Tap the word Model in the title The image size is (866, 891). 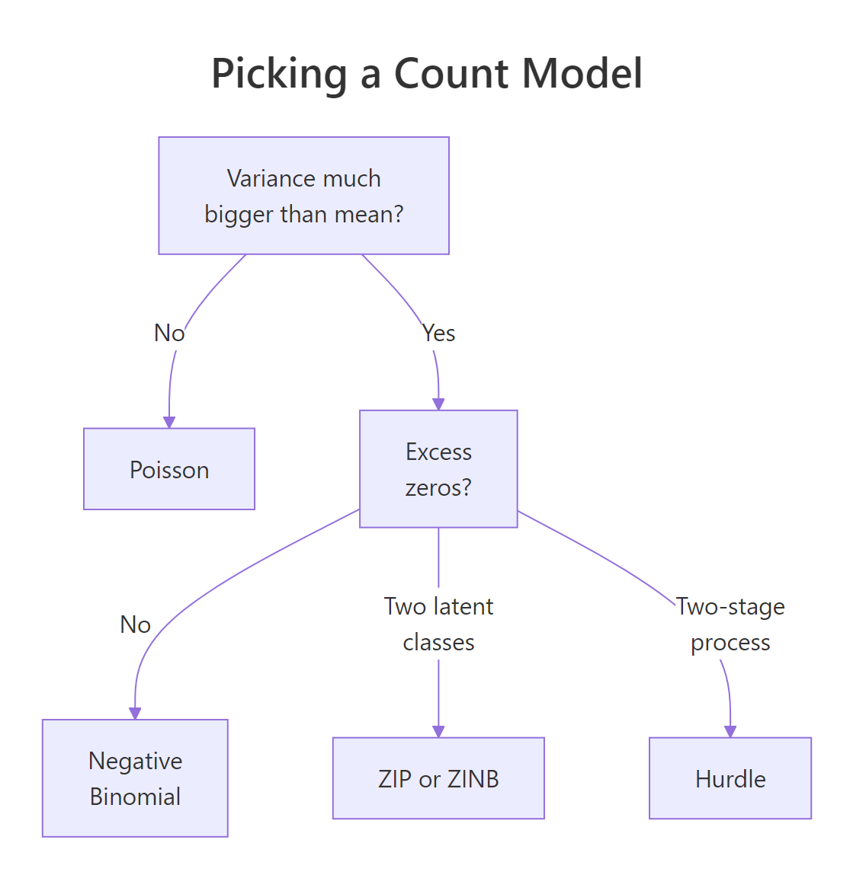click(x=583, y=75)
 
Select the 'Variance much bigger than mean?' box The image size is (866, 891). click(x=303, y=196)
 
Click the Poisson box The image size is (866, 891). click(x=169, y=469)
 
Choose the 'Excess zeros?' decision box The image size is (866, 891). click(x=438, y=469)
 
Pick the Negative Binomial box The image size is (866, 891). click(x=135, y=778)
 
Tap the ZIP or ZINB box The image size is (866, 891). click(x=438, y=778)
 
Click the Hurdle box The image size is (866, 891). click(x=730, y=778)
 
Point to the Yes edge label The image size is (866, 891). click(x=439, y=334)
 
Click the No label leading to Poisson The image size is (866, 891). click(x=169, y=334)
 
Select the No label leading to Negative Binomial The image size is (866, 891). click(x=136, y=624)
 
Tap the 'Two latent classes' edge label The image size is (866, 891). click(x=438, y=624)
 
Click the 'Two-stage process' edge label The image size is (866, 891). click(x=730, y=624)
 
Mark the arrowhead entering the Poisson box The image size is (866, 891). click(x=169, y=423)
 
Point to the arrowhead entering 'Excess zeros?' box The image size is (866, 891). click(x=438, y=404)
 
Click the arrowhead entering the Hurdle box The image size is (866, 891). click(x=730, y=732)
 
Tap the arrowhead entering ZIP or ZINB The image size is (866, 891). click(x=438, y=732)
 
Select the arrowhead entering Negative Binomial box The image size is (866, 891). click(x=135, y=714)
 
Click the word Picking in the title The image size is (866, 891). click(x=279, y=75)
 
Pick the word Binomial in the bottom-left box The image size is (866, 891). click(x=135, y=797)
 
